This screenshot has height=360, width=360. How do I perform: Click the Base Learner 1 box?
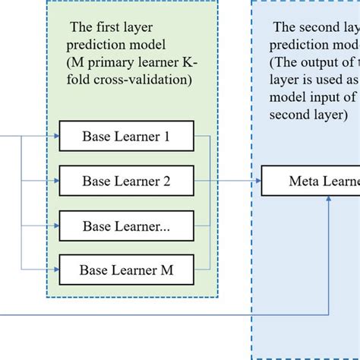[126, 137]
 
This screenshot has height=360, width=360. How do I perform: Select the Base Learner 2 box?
[126, 181]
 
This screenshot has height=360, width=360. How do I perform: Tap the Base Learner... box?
[126, 226]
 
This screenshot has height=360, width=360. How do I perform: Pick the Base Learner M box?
[126, 269]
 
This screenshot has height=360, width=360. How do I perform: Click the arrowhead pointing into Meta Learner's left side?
[257, 181]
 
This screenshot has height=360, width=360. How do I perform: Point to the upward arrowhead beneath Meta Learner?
[328, 200]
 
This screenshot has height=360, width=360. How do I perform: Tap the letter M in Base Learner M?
[166, 269]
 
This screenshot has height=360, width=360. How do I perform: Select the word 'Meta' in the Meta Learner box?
[302, 181]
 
